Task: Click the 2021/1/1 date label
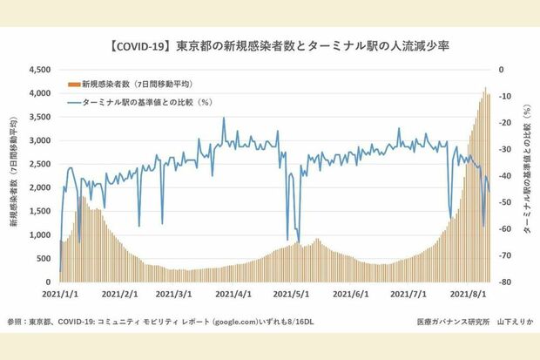click(61, 296)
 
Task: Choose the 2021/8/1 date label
click(466, 296)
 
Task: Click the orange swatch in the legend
click(73, 85)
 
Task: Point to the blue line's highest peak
click(224, 118)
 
